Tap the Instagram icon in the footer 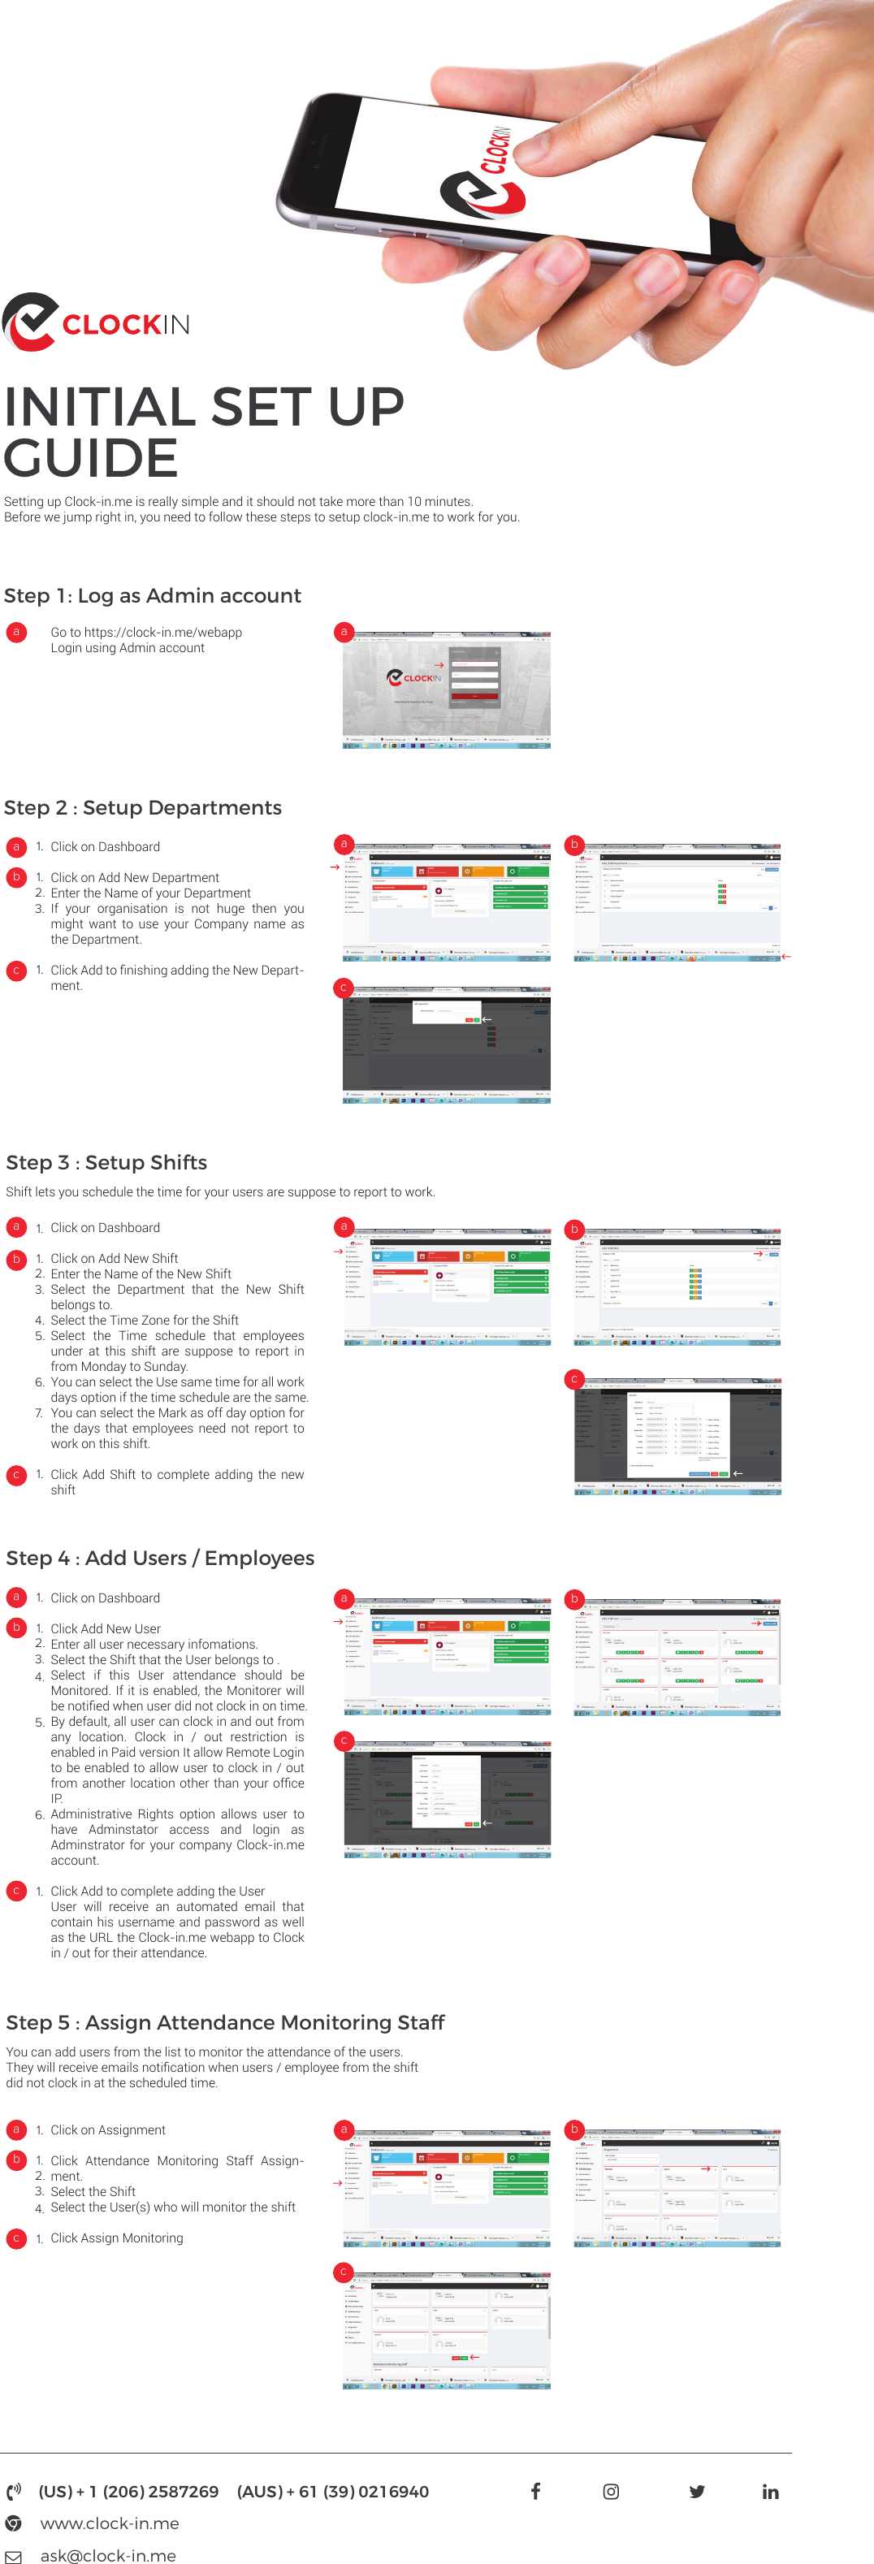611,2492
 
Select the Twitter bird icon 697,2492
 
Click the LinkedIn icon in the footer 771,2492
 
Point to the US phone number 128,2492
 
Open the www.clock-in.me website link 110,2523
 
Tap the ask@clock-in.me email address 107,2555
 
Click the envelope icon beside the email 13,2556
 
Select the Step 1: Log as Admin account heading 153,595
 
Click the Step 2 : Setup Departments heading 142,807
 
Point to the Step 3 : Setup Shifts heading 106,1162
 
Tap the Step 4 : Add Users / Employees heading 160,1558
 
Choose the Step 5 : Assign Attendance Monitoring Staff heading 225,2022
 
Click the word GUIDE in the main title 92,459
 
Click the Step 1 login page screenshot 447,689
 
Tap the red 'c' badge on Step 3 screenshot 574,1378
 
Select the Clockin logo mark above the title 30,322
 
